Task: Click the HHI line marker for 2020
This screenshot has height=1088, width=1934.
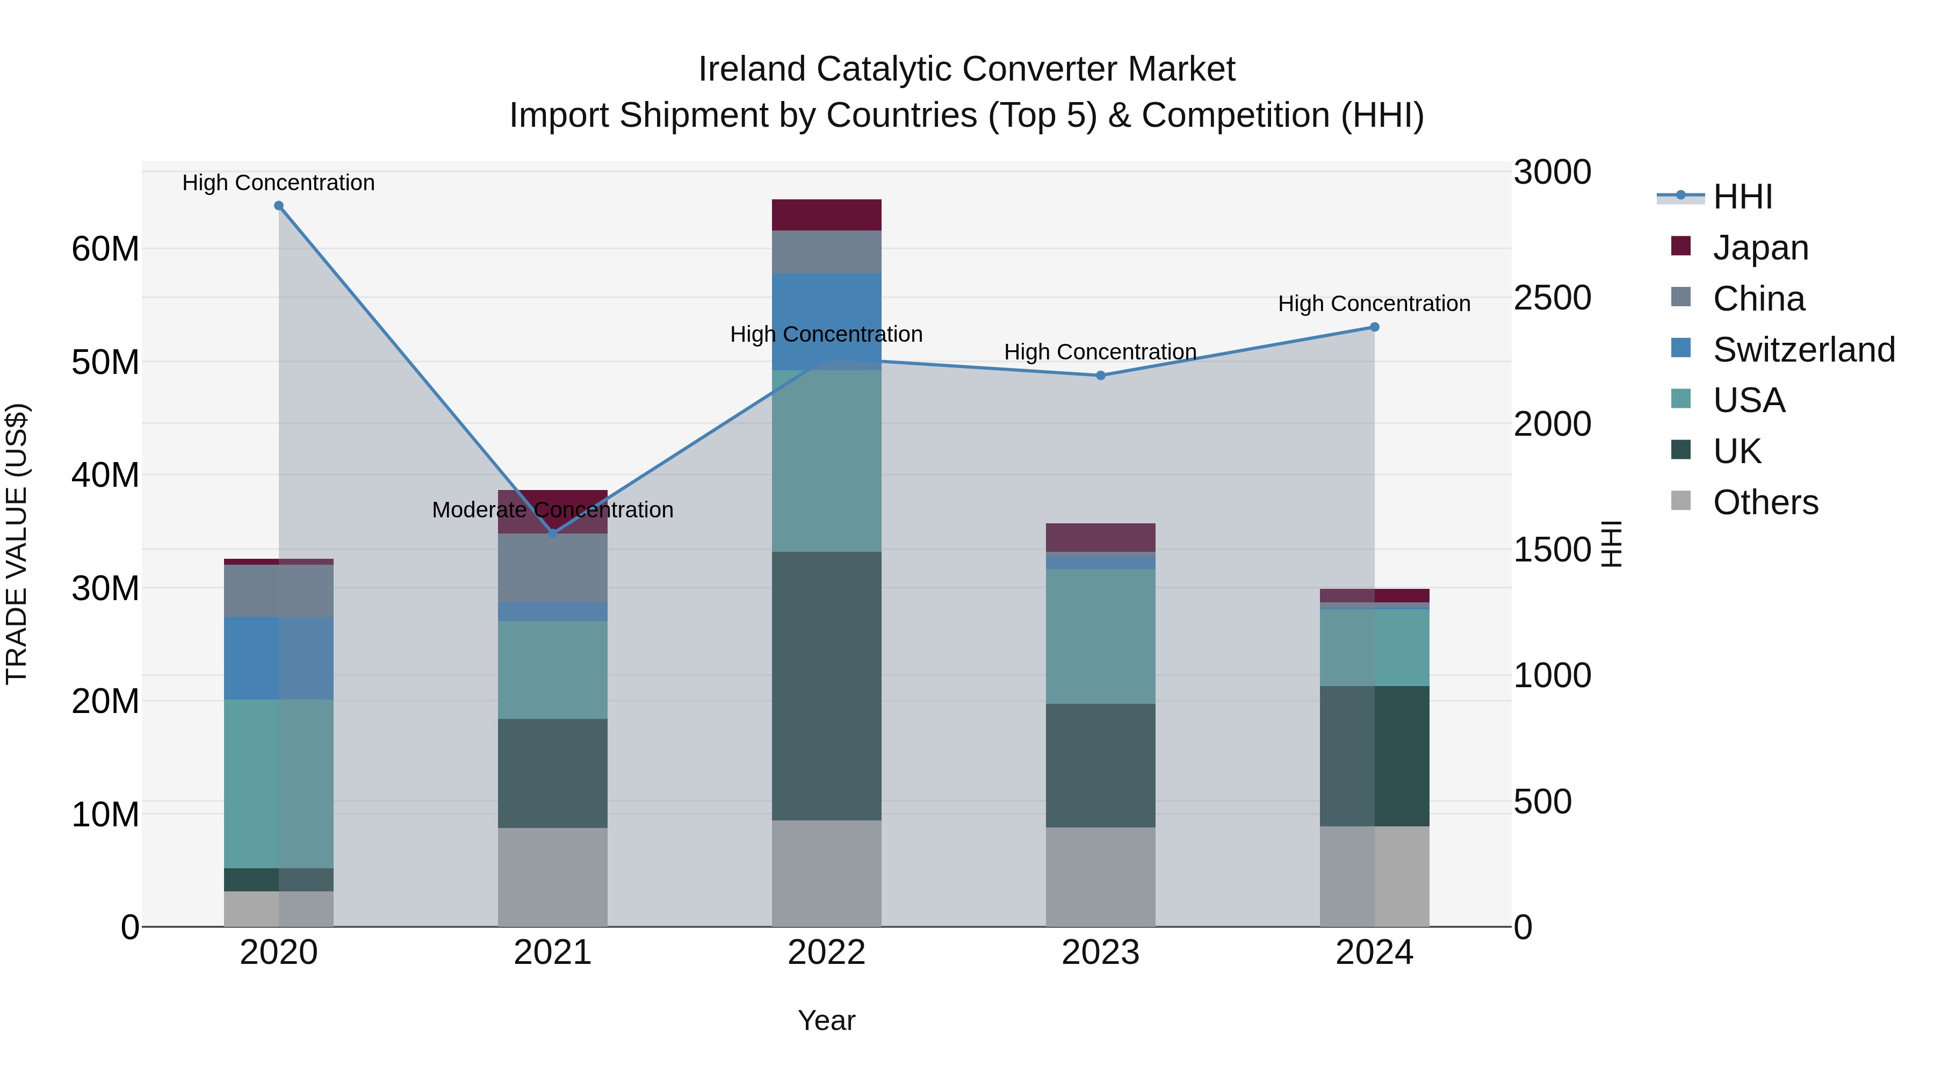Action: point(278,206)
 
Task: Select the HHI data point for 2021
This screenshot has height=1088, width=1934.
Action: point(553,533)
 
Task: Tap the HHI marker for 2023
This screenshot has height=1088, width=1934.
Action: point(1101,376)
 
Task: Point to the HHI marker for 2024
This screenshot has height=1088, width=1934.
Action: point(1375,327)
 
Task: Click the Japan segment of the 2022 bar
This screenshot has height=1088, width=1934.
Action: point(827,215)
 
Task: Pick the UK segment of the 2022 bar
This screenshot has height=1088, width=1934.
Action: point(827,686)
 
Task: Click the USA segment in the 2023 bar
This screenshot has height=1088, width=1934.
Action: point(1101,636)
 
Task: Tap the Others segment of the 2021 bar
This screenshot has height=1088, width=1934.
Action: point(553,877)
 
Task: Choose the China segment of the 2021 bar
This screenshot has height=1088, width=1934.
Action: point(553,568)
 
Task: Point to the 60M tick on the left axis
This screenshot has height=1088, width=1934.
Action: point(105,249)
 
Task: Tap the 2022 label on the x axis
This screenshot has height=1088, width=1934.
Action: point(827,953)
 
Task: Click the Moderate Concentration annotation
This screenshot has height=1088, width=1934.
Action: point(553,510)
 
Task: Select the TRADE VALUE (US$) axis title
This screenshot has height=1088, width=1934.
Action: point(17,544)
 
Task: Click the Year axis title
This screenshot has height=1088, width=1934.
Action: point(827,1020)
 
